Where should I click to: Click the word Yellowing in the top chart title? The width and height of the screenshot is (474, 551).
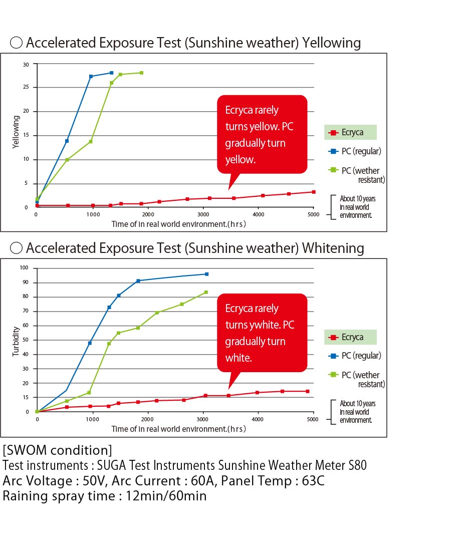click(x=331, y=43)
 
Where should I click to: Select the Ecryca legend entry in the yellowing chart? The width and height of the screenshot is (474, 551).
click(x=351, y=132)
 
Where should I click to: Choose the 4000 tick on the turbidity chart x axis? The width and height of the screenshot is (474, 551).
click(x=257, y=419)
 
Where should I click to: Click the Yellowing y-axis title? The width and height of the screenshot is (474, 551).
click(x=16, y=132)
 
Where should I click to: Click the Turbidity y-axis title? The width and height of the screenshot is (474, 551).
click(x=16, y=341)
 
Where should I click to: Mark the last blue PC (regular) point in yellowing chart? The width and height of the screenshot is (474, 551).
click(x=111, y=73)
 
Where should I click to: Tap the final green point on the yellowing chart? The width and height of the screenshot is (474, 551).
click(x=141, y=73)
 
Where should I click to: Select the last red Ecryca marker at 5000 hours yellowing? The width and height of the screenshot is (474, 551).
click(x=314, y=192)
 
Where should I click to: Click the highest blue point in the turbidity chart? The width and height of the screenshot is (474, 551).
click(x=206, y=274)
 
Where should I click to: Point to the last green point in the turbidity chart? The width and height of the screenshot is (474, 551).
click(x=206, y=292)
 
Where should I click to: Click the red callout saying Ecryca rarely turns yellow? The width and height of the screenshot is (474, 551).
click(x=262, y=134)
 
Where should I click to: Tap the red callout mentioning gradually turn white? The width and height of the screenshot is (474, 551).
click(x=262, y=333)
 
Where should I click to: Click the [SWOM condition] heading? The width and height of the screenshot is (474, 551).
click(x=57, y=448)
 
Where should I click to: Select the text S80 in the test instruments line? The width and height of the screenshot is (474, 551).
click(x=357, y=465)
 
